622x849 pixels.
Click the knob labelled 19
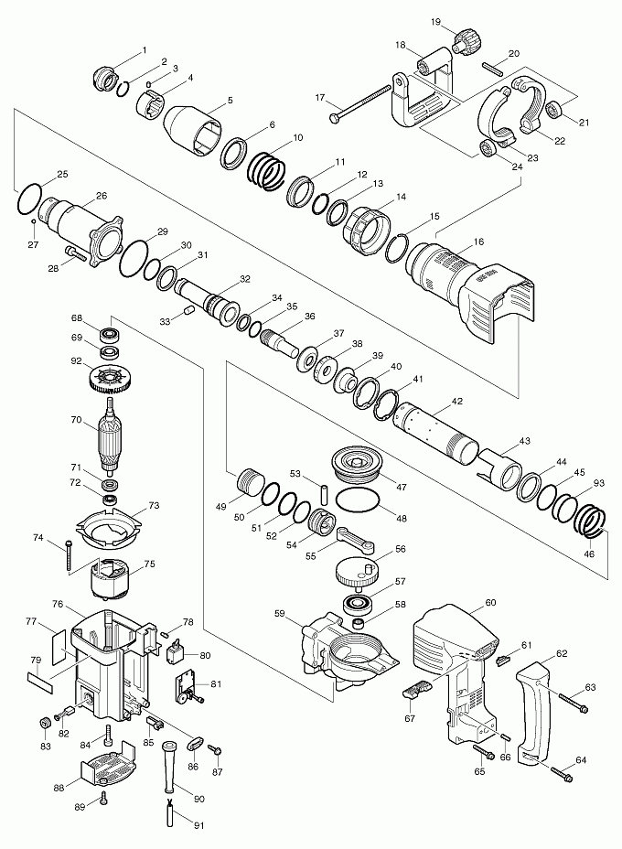pyautogui.click(x=467, y=40)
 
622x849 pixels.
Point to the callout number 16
pyautogui.click(x=477, y=242)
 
